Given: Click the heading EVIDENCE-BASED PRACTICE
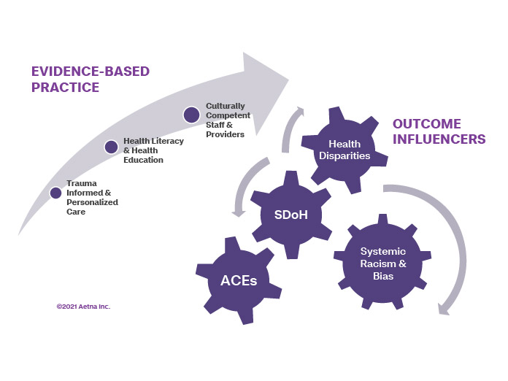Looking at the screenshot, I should click(90, 79).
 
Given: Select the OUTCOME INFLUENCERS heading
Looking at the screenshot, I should click(439, 131).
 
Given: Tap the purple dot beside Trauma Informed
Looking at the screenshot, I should click(55, 193).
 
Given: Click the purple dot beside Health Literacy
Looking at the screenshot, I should click(111, 147).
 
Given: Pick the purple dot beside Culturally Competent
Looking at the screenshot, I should click(191, 115).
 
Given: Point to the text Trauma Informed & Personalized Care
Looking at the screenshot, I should click(92, 197).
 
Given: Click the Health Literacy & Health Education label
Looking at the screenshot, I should click(153, 150).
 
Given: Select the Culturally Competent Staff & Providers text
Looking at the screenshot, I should click(228, 120).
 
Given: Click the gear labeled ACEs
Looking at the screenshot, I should click(239, 281).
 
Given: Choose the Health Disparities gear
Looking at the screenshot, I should click(349, 150).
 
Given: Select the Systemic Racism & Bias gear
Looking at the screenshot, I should click(382, 263).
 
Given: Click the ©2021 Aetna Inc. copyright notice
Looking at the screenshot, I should click(83, 307).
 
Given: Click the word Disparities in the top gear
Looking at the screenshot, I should click(349, 155).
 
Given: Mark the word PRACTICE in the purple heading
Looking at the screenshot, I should click(65, 88).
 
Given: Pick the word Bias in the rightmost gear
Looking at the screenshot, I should click(382, 276).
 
